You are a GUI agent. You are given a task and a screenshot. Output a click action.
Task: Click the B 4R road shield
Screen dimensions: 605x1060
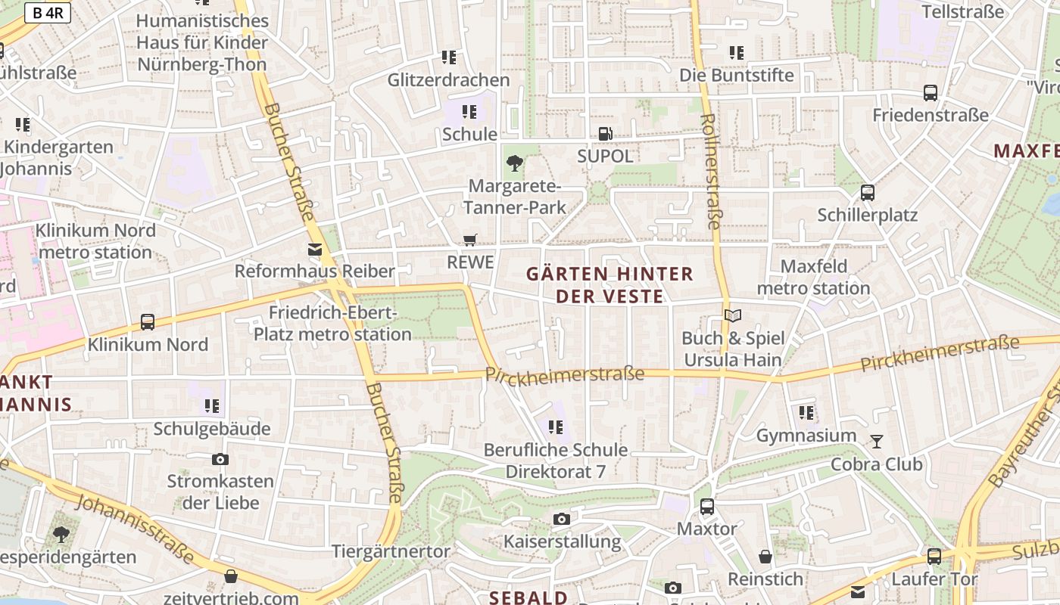48,13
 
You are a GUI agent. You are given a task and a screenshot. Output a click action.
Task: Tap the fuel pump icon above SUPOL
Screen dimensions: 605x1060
605,134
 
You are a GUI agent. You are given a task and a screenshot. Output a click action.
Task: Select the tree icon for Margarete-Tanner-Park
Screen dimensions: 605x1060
515,163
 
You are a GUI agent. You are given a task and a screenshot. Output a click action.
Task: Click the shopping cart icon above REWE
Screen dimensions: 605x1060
470,240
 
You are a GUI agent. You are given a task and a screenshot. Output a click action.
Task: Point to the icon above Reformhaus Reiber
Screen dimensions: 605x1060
314,249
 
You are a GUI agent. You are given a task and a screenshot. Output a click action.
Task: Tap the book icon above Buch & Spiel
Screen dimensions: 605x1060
731,315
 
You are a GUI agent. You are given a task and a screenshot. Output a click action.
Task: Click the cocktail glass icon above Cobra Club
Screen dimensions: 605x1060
877,441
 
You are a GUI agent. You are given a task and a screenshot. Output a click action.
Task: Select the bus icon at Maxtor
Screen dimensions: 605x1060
706,506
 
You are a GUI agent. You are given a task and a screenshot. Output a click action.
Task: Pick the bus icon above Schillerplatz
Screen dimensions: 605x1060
868,193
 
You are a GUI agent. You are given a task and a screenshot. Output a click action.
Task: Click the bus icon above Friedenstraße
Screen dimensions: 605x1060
931,93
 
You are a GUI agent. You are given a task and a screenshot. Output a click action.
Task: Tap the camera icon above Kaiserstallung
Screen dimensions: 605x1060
561,519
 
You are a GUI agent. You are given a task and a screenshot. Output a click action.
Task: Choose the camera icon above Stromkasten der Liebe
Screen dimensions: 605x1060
220,459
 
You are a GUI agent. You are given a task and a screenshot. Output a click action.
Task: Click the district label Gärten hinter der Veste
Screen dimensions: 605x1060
609,284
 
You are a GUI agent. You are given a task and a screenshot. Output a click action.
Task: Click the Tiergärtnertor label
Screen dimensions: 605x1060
391,551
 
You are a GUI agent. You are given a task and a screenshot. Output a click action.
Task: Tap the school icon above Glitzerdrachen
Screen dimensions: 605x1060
449,57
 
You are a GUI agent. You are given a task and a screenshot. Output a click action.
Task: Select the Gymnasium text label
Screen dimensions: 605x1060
806,436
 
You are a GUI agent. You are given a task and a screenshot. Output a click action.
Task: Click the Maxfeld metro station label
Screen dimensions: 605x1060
814,277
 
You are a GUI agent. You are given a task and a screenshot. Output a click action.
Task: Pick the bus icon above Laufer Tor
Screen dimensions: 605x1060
934,557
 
